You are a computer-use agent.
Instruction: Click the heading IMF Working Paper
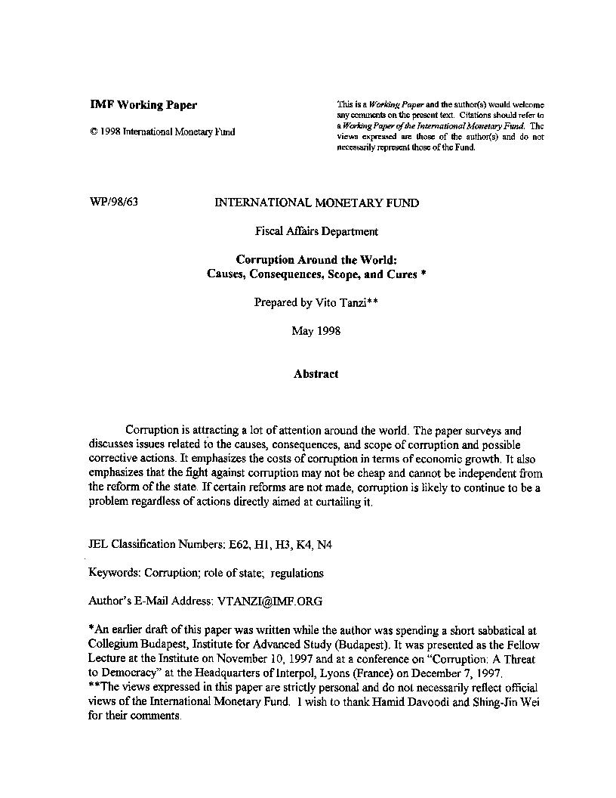(143, 105)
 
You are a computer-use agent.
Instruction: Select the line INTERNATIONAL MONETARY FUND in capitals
(317, 203)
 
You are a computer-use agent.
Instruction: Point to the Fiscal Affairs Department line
(316, 231)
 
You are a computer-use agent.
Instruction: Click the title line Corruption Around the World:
(316, 260)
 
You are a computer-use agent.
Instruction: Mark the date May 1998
(316, 331)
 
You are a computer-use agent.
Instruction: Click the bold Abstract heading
(316, 373)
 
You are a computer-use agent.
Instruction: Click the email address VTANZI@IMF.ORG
(269, 602)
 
